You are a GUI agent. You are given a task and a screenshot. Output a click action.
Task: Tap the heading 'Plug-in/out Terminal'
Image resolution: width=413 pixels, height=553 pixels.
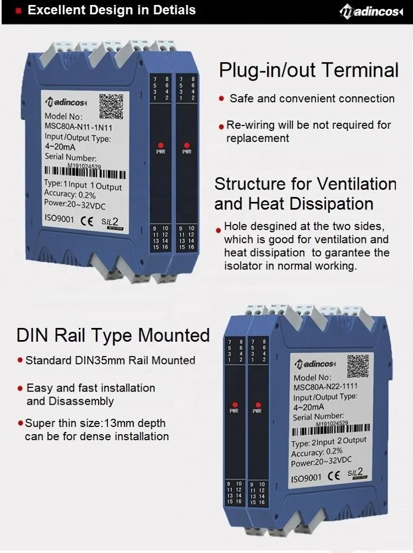coord(308,70)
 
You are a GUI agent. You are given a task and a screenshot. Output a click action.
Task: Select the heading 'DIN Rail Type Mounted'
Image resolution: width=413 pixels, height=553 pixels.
coord(113,335)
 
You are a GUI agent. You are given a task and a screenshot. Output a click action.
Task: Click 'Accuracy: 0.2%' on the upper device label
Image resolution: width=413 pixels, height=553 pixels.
coord(70,194)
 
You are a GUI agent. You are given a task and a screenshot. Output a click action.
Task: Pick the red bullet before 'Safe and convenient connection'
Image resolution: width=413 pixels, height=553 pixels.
coord(221,99)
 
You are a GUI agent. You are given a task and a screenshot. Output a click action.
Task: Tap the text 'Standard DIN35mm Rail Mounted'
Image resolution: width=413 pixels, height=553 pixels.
coord(110,361)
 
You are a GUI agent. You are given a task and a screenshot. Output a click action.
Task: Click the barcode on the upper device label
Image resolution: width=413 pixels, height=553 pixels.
coord(83,174)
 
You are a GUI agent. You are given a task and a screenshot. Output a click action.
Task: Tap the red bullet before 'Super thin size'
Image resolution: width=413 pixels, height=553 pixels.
coord(21,424)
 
